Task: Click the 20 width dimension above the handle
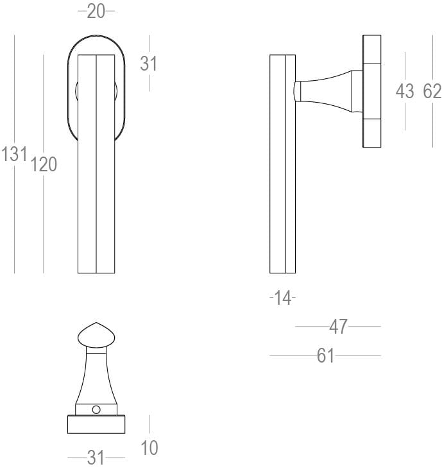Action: pyautogui.click(x=96, y=11)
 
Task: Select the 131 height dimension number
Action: pyautogui.click(x=14, y=154)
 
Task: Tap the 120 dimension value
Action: pyautogui.click(x=44, y=164)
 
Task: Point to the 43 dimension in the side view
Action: pyautogui.click(x=405, y=91)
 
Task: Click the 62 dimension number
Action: pyautogui.click(x=432, y=91)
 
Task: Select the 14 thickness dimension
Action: pyautogui.click(x=282, y=298)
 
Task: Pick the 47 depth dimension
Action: pyautogui.click(x=338, y=327)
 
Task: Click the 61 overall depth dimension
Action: pyautogui.click(x=325, y=355)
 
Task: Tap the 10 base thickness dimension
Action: pyautogui.click(x=149, y=447)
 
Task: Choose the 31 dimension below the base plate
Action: pyautogui.click(x=96, y=458)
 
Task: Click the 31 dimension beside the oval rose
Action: pyautogui.click(x=149, y=64)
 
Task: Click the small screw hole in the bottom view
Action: pyautogui.click(x=96, y=409)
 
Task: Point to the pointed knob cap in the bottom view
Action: pyautogui.click(x=96, y=335)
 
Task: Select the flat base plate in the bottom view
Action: pyautogui.click(x=96, y=424)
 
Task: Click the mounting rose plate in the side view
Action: pyautogui.click(x=372, y=90)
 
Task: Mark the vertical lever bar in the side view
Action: pyautogui.click(x=282, y=164)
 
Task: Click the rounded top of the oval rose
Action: pyautogui.click(x=96, y=40)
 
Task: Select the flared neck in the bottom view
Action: pyautogui.click(x=96, y=379)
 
